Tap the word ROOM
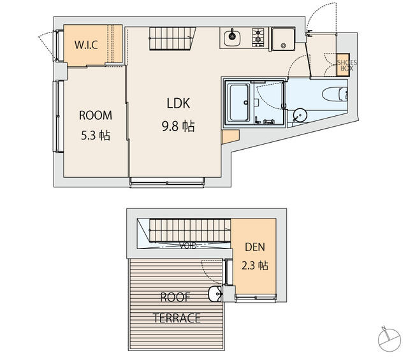(x=95, y=115)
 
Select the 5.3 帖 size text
(x=95, y=135)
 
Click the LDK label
(x=179, y=103)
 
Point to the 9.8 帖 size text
(x=178, y=126)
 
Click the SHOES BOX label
(x=347, y=65)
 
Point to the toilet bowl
(x=334, y=94)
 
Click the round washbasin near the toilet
(x=300, y=114)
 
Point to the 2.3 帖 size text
(x=254, y=265)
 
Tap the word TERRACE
(x=177, y=317)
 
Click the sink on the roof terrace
(x=215, y=294)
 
